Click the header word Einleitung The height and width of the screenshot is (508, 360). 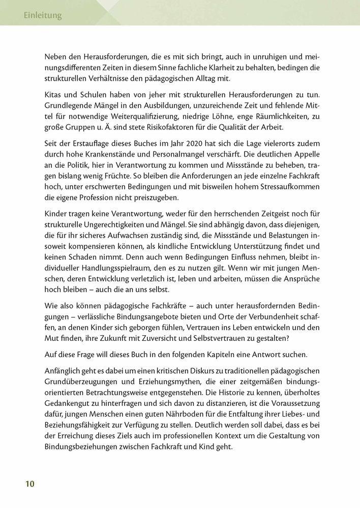click(43, 15)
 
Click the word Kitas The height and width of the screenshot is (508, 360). click(54, 96)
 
